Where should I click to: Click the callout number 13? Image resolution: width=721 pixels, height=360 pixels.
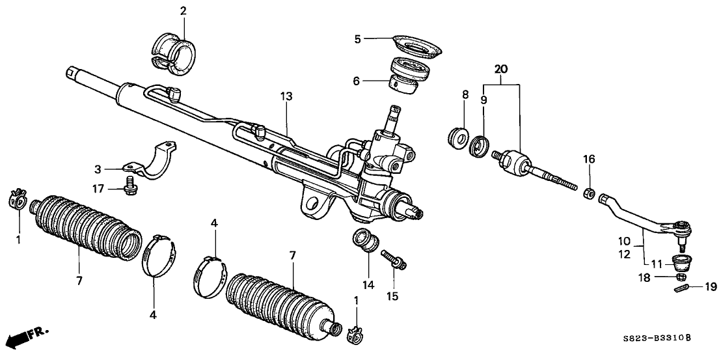(x=287, y=96)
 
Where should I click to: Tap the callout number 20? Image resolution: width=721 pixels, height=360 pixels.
(x=500, y=68)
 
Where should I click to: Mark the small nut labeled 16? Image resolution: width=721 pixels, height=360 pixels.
(x=588, y=193)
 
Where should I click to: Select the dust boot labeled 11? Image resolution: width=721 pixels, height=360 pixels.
(x=682, y=264)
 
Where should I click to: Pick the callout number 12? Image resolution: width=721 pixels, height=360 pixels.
(x=625, y=255)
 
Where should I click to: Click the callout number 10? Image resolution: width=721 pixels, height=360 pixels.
(x=625, y=240)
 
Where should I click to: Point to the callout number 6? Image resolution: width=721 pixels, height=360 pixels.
(x=355, y=81)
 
